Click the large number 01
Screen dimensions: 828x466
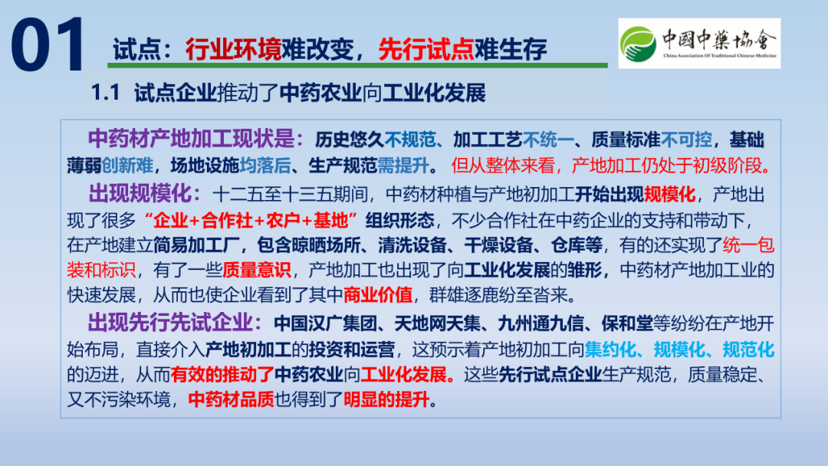coord(48,44)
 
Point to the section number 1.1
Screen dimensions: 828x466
coord(106,94)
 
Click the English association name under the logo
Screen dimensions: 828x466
coord(720,55)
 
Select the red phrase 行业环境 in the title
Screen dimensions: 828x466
coord(233,50)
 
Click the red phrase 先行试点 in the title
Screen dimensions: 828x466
coord(426,50)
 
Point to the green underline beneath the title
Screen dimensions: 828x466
coord(357,65)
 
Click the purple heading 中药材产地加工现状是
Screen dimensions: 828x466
coord(191,139)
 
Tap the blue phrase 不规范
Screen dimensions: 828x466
coord(409,139)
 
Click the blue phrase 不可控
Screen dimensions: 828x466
coord(686,139)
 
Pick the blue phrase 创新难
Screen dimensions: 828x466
coord(127,166)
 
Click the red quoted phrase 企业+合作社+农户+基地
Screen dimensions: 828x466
coord(251,220)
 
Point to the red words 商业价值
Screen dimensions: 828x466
coord(377,294)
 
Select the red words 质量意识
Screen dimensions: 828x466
coord(257,270)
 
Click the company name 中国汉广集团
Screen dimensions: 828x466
coord(325,323)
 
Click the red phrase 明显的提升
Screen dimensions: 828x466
coord(386,399)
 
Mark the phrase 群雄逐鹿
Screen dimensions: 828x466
coord(463,294)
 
